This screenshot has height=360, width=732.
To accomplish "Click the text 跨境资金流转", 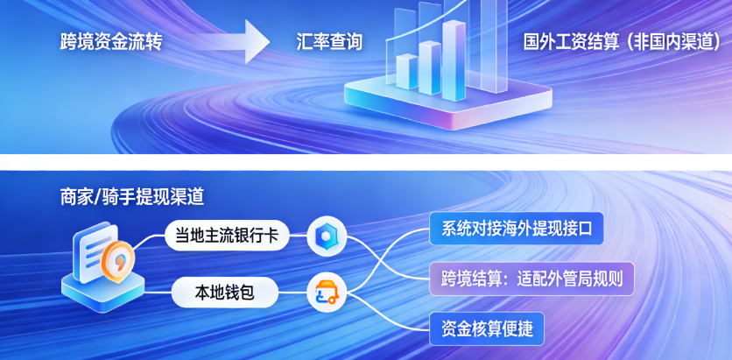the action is [x=110, y=43].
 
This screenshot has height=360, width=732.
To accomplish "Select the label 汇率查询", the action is [x=329, y=43].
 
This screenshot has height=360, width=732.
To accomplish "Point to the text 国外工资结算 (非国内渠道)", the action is [x=624, y=42].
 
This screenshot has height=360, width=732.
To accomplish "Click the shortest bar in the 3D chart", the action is [x=406, y=72].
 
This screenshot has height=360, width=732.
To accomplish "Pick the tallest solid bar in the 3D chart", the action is [x=454, y=60].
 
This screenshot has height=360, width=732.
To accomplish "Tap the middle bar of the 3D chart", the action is [x=430, y=67].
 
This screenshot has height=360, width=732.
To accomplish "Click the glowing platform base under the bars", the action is [x=447, y=102].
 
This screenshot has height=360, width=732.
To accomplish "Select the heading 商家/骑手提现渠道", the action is [x=132, y=197].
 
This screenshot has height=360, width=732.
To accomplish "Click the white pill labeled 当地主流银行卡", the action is [x=227, y=236].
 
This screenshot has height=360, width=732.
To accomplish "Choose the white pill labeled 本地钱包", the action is [x=225, y=293].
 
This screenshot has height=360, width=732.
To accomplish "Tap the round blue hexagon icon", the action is [x=327, y=236].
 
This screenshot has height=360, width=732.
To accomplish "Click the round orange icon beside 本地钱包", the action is [x=327, y=293].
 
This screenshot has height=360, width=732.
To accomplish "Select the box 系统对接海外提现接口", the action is [x=517, y=229].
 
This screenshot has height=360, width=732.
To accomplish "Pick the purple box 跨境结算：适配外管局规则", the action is [x=531, y=279].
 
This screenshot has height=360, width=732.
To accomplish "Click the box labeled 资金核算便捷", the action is [x=487, y=328].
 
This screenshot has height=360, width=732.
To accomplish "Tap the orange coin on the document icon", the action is [x=118, y=262].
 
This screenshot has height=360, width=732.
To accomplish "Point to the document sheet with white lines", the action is [x=94, y=252].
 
